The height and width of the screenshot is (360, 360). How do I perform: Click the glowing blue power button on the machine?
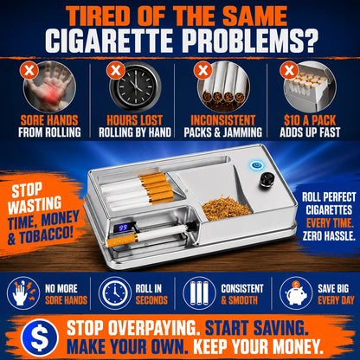coord(256,165)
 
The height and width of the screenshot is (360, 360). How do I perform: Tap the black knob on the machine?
coord(265,181)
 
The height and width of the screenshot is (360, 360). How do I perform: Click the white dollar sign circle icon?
coord(40,337)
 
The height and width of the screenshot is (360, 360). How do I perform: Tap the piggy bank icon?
coord(296,293)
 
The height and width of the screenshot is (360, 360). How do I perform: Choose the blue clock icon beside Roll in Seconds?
coord(115,293)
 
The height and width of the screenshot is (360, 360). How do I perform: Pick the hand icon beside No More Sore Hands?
coord(23,293)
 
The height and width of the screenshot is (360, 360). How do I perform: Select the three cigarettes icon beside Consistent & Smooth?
coord(199,293)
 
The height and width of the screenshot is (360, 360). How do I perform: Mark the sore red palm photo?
coord(49,87)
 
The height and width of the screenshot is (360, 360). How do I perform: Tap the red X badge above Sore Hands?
coord(29,70)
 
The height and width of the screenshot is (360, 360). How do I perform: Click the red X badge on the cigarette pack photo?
coord(289,70)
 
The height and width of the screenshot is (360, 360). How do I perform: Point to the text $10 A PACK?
coord(310,120)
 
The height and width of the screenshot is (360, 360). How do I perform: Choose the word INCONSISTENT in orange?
coord(223,120)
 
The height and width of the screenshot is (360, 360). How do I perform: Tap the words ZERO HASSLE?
coord(329,236)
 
